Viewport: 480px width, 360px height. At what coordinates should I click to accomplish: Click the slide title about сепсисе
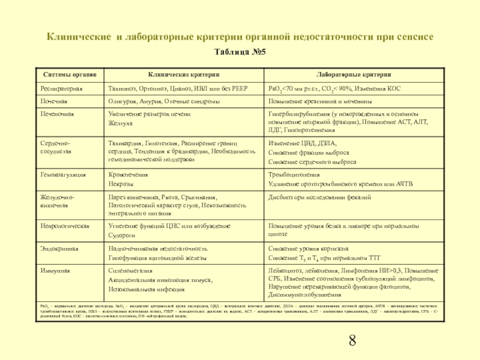[240, 37]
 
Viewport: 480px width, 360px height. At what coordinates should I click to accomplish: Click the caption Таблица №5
[240, 52]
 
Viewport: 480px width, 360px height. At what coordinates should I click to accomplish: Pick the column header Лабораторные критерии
[354, 75]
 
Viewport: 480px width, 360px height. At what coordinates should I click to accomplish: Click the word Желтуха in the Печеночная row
[119, 123]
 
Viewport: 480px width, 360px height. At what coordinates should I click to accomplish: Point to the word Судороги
[122, 236]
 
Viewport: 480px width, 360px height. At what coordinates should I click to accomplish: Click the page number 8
[352, 341]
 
